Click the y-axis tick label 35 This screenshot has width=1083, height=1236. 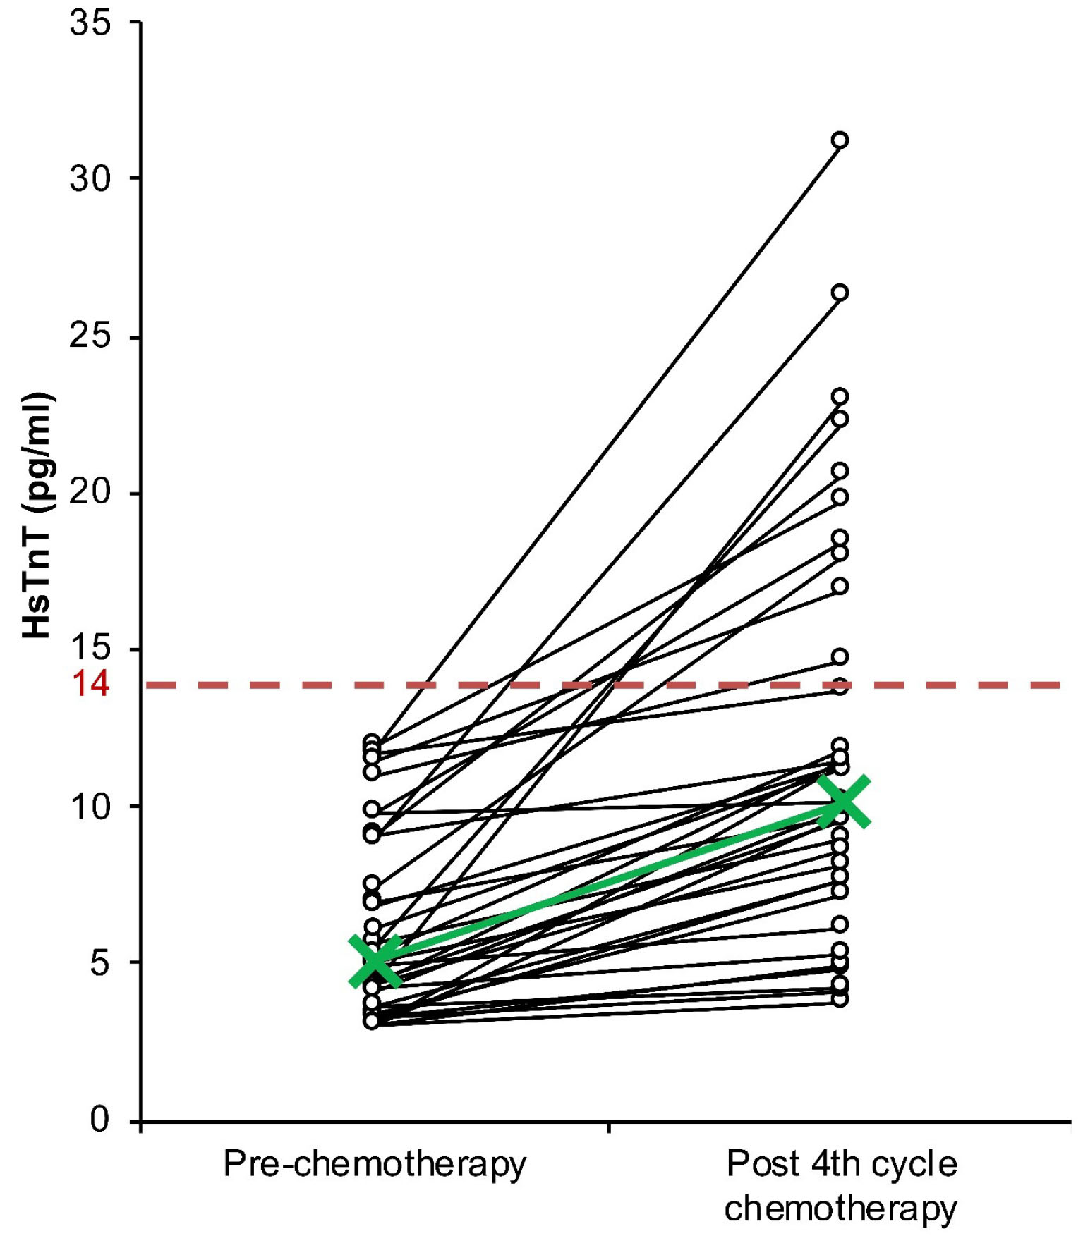click(90, 23)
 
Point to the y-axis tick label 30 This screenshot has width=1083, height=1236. click(90, 178)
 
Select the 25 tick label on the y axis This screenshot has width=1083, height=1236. click(90, 336)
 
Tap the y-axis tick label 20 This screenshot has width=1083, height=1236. click(90, 492)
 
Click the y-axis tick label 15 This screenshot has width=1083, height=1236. click(90, 649)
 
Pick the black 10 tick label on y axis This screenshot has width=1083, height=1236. click(90, 806)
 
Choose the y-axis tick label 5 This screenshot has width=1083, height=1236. click(100, 962)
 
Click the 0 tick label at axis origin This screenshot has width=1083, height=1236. click(100, 1119)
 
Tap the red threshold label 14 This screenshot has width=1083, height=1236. click(91, 684)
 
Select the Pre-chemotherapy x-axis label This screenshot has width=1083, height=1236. click(375, 1164)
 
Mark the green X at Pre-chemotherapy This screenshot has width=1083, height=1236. click(375, 960)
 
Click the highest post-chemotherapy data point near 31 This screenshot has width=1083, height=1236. click(840, 140)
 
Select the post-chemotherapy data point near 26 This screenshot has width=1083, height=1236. click(840, 293)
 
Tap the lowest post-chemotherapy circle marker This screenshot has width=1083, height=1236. click(840, 998)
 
